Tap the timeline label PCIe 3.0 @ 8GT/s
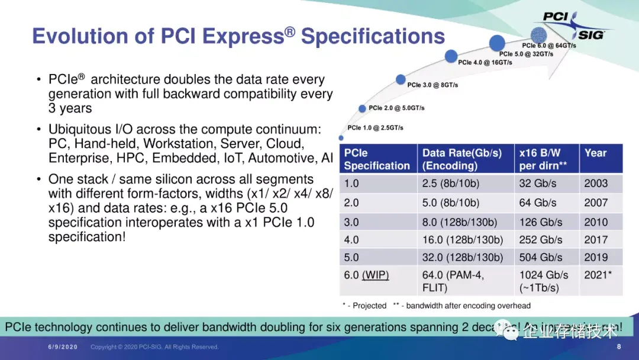pyautogui.click(x=432, y=85)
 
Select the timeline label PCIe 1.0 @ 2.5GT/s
pyautogui.click(x=375, y=128)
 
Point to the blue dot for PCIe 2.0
pyautogui.click(x=363, y=108)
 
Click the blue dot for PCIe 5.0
pyautogui.click(x=497, y=42)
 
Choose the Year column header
pyautogui.click(x=595, y=153)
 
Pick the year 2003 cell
pyautogui.click(x=596, y=184)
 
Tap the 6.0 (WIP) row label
pyautogui.click(x=367, y=275)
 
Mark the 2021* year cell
pyautogui.click(x=597, y=275)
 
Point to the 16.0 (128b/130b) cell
pyautogui.click(x=463, y=240)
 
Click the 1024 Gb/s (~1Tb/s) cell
pyautogui.click(x=543, y=281)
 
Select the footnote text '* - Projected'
pyautogui.click(x=364, y=306)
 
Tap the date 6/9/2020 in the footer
pyautogui.click(x=62, y=347)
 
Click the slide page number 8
pyautogui.click(x=619, y=346)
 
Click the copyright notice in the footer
pyautogui.click(x=154, y=347)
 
